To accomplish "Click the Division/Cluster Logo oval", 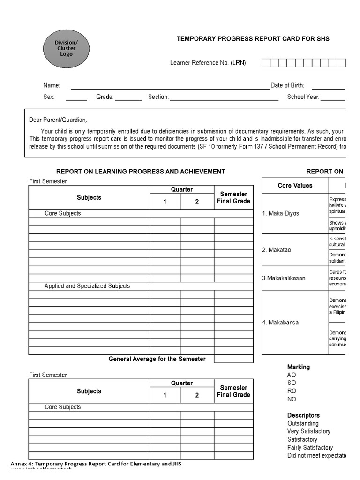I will pos(66,48).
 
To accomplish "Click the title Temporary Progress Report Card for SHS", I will pos(253,39).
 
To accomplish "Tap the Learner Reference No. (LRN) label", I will pos(208,63).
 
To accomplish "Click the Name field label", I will pos(52,85).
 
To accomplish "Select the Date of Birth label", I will pos(287,85).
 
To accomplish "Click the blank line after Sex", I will pos(76,97).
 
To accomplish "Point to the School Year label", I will pos(303,97).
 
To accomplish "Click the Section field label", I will pos(158,97).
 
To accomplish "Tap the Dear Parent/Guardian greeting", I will pos(58,120).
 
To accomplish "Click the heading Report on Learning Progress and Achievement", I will pos(141,172).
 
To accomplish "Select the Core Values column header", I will pos(295,185).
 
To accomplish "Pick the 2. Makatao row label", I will pos(277,250).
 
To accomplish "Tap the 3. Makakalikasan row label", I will pos(284,278).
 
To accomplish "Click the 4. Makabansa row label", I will pos(280,322).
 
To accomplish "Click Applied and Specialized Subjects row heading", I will pos(87,286).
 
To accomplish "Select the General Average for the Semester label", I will pos(157,359).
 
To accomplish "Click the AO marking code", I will pos(292,375).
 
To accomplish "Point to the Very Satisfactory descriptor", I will pos(308,431).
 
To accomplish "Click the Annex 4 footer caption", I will pos(96,464).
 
